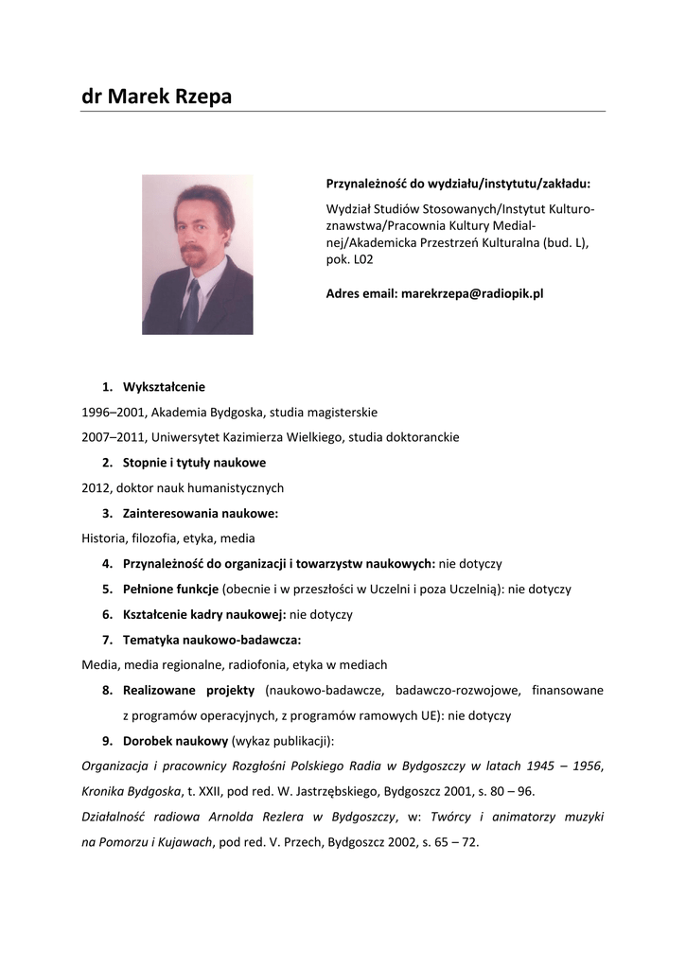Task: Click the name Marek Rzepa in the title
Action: click(x=169, y=96)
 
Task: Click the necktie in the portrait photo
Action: click(x=192, y=305)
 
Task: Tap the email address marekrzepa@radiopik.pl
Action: click(x=472, y=293)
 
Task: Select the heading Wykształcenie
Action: click(x=164, y=386)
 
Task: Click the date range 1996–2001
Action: click(x=113, y=412)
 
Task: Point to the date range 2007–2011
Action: click(x=113, y=437)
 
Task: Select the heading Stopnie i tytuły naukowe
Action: click(x=194, y=463)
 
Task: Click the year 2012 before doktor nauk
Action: click(x=97, y=488)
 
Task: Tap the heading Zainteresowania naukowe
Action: click(x=200, y=513)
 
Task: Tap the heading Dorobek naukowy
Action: click(x=176, y=740)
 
